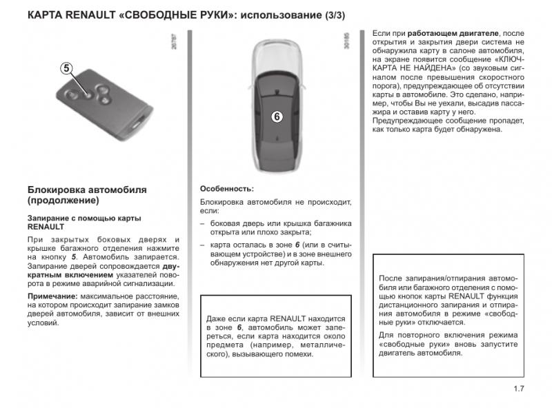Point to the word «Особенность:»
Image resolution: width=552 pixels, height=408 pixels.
227,189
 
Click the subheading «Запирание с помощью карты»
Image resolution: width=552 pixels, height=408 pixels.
84,218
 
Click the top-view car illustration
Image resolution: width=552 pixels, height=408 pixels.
275,107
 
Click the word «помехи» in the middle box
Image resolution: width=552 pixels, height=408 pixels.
299,354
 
